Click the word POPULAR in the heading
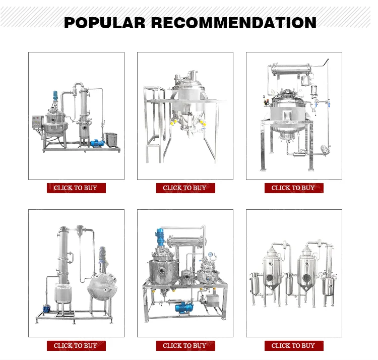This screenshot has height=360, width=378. (105, 23)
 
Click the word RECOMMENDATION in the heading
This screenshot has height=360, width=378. (233, 23)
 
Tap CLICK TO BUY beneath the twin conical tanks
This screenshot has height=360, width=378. (293, 346)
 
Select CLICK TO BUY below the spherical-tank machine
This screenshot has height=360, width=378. (76, 346)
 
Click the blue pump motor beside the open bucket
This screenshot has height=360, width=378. (97, 143)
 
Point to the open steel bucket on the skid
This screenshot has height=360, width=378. (111, 139)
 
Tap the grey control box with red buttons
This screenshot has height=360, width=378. (38, 122)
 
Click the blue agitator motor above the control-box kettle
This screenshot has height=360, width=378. (55, 96)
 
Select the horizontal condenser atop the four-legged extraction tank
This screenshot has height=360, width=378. (291, 70)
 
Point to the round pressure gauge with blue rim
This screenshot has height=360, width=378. (211, 255)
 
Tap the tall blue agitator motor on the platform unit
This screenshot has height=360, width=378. (160, 237)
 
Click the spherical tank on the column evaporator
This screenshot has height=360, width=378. (101, 287)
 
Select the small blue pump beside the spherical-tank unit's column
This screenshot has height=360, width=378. (46, 309)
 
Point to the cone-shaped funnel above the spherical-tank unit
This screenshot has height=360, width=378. (80, 231)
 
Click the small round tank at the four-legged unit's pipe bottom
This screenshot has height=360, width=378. (325, 150)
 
